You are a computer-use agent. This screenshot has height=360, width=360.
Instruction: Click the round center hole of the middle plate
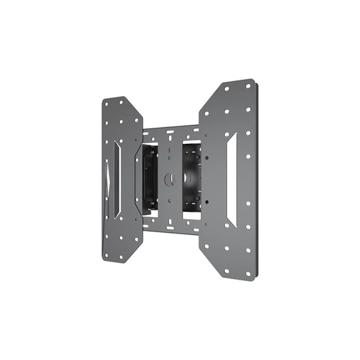point(169,179)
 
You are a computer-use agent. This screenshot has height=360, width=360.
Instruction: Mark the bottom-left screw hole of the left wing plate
point(106,255)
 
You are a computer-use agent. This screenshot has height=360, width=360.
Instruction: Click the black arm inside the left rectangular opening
point(150,179)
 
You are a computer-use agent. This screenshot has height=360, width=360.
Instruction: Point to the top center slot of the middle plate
point(169,134)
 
